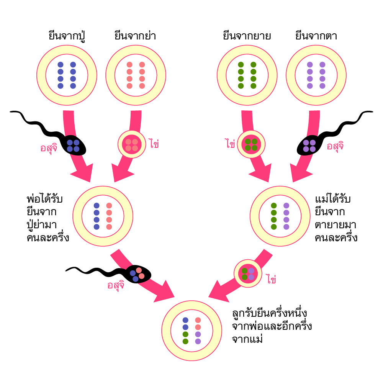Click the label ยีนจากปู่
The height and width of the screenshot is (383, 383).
[67, 36]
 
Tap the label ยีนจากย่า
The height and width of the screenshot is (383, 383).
[135, 36]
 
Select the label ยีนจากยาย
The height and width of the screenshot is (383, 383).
[247, 36]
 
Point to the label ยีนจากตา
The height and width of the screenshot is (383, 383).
[316, 36]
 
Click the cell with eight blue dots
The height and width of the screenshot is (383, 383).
[67, 75]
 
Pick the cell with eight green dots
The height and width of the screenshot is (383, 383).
[247, 75]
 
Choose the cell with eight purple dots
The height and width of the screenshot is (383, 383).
[316, 75]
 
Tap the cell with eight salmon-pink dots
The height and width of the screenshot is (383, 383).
[136, 75]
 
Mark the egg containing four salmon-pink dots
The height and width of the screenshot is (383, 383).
[132, 145]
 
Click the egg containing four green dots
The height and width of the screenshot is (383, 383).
[251, 144]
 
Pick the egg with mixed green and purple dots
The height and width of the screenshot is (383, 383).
[248, 273]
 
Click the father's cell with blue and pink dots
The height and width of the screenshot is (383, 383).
[103, 216]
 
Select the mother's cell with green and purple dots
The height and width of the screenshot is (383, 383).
[280, 216]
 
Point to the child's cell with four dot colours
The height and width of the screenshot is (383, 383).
[191, 331]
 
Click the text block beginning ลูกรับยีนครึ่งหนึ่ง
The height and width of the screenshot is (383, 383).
[272, 326]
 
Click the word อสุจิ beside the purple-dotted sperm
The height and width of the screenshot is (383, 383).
[335, 146]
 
